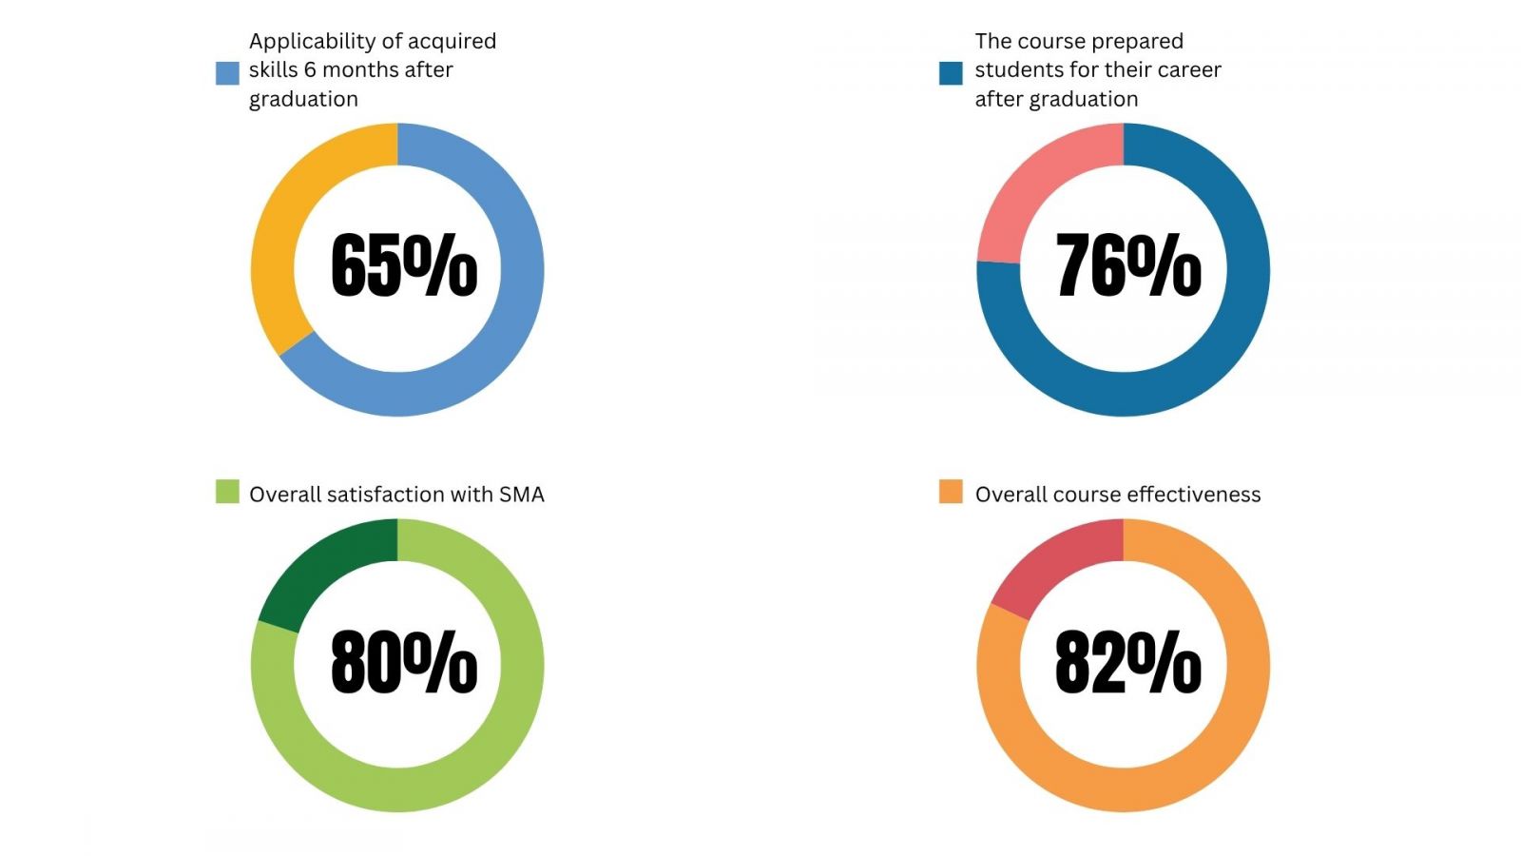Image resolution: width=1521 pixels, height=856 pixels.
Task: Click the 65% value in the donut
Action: [404, 265]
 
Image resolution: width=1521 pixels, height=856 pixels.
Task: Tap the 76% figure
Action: [1128, 265]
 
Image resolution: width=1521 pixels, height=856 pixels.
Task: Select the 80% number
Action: [404, 661]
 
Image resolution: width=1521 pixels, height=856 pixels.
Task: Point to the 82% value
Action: [1128, 661]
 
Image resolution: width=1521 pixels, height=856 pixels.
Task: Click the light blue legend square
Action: [227, 73]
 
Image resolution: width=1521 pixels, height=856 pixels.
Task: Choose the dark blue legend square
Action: [951, 73]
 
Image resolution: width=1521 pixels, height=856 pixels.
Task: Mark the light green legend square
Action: [227, 492]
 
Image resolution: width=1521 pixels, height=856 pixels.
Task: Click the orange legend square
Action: [951, 492]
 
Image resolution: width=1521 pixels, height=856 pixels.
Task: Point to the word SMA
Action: [522, 495]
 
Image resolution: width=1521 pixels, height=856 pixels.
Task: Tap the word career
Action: [1188, 70]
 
